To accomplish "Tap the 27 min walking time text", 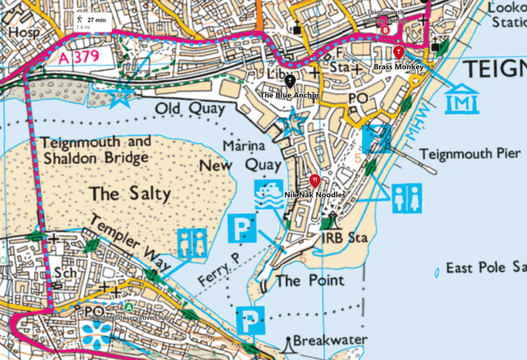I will (x=96, y=20).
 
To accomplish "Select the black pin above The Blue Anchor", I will (x=289, y=81).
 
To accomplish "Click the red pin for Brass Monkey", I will (x=398, y=52).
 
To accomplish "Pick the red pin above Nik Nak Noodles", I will (x=314, y=181).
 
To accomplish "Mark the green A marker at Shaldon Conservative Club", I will (x=129, y=307).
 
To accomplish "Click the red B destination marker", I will (x=385, y=30).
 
